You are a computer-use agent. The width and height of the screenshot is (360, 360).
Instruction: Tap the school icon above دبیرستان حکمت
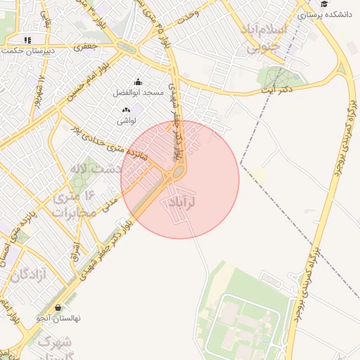(x=27, y=40)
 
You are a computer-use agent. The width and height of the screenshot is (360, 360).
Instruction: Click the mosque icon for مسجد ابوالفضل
(x=137, y=82)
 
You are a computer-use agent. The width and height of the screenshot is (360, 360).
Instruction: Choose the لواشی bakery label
(x=127, y=121)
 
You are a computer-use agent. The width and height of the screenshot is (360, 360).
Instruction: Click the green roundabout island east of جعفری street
(x=127, y=47)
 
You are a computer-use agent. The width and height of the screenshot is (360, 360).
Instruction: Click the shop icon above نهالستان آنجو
(x=58, y=307)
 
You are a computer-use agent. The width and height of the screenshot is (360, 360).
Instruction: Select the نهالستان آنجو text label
(x=59, y=319)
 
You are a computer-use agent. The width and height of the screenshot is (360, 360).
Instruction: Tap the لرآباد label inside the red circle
(x=181, y=202)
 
